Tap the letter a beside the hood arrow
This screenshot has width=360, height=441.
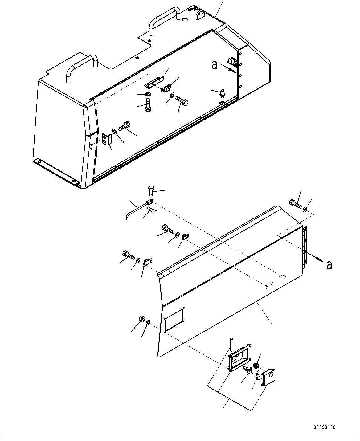click(x=215, y=64)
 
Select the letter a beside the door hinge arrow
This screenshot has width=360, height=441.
click(x=329, y=265)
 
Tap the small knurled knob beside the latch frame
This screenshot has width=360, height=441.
click(x=255, y=366)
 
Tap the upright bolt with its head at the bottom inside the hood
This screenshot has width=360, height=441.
click(x=148, y=106)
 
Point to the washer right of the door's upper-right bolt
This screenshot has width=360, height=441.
click(x=305, y=210)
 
